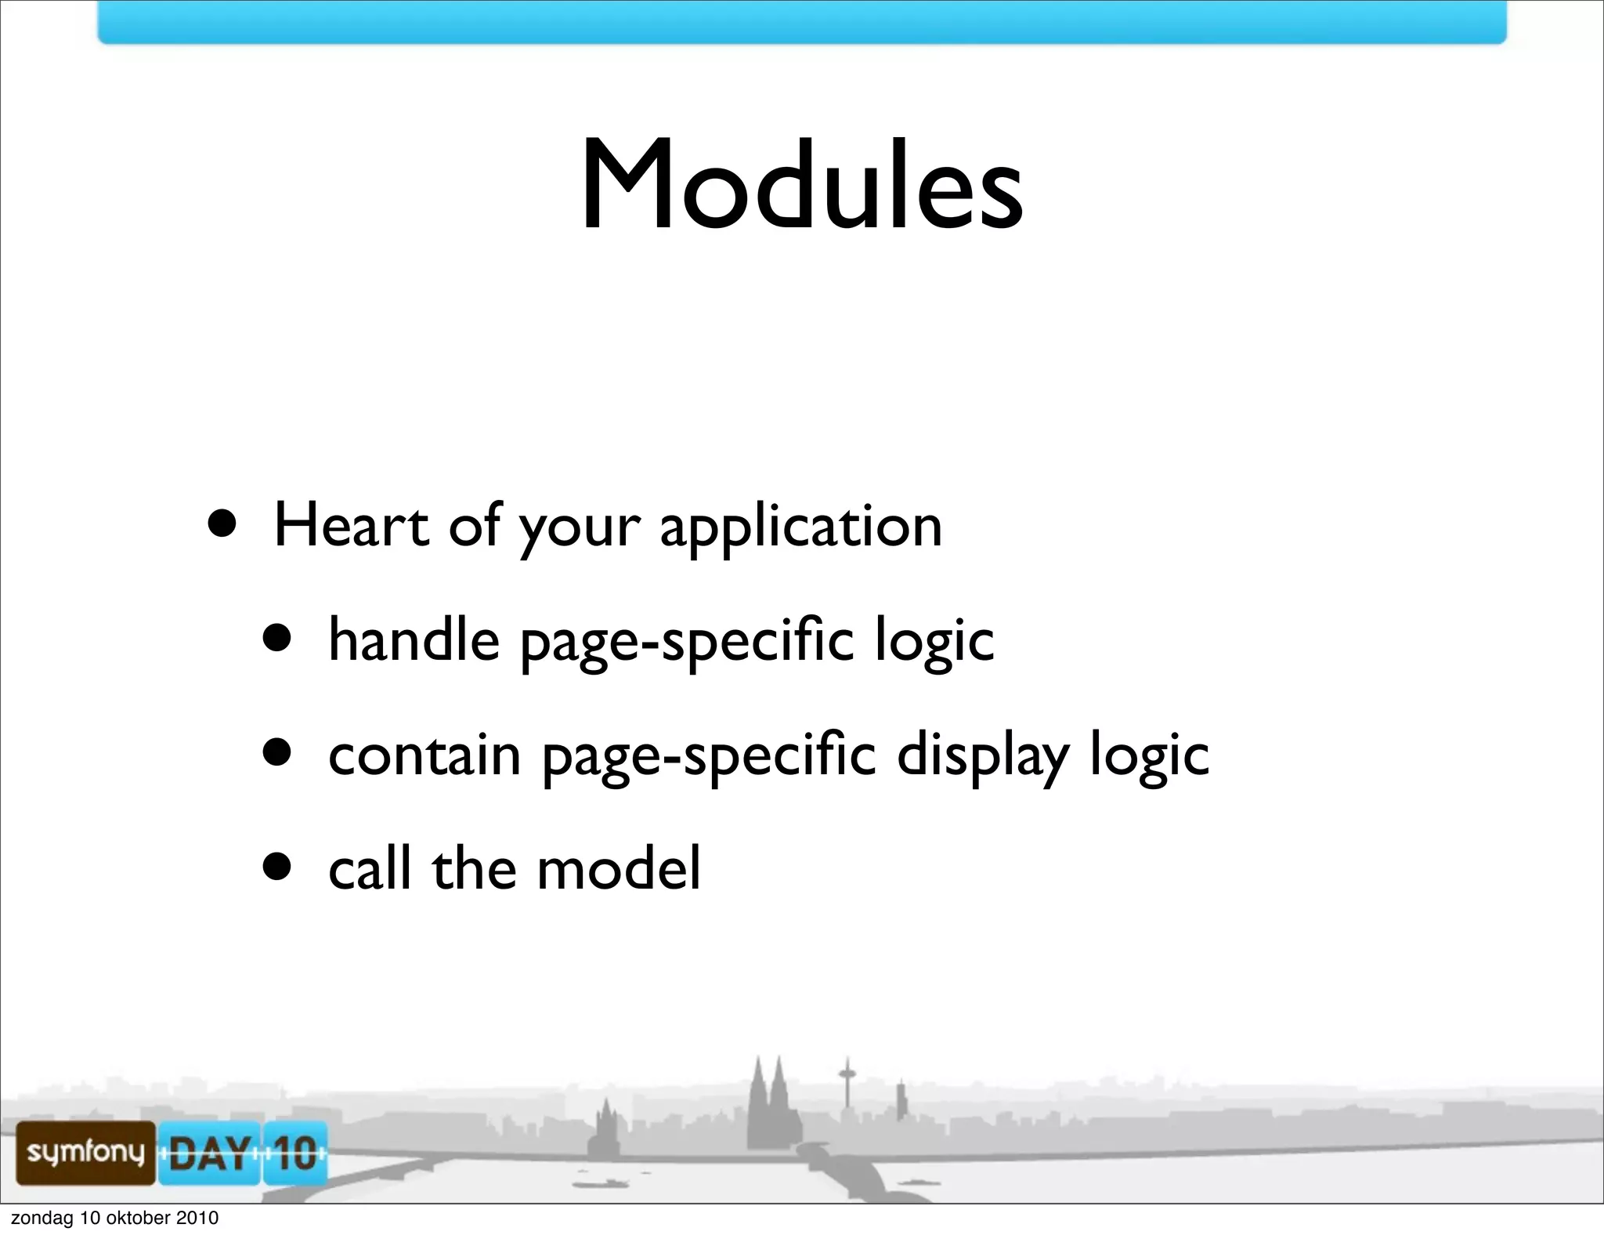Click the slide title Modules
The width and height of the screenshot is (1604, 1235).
coord(801,186)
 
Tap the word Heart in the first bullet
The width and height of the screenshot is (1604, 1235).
coord(351,525)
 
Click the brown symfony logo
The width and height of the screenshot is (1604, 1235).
coord(85,1152)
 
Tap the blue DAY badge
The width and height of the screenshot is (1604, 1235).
coord(208,1154)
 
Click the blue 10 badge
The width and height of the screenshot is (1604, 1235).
coord(294,1154)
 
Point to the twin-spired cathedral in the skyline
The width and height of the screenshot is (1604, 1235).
coord(768,1105)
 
